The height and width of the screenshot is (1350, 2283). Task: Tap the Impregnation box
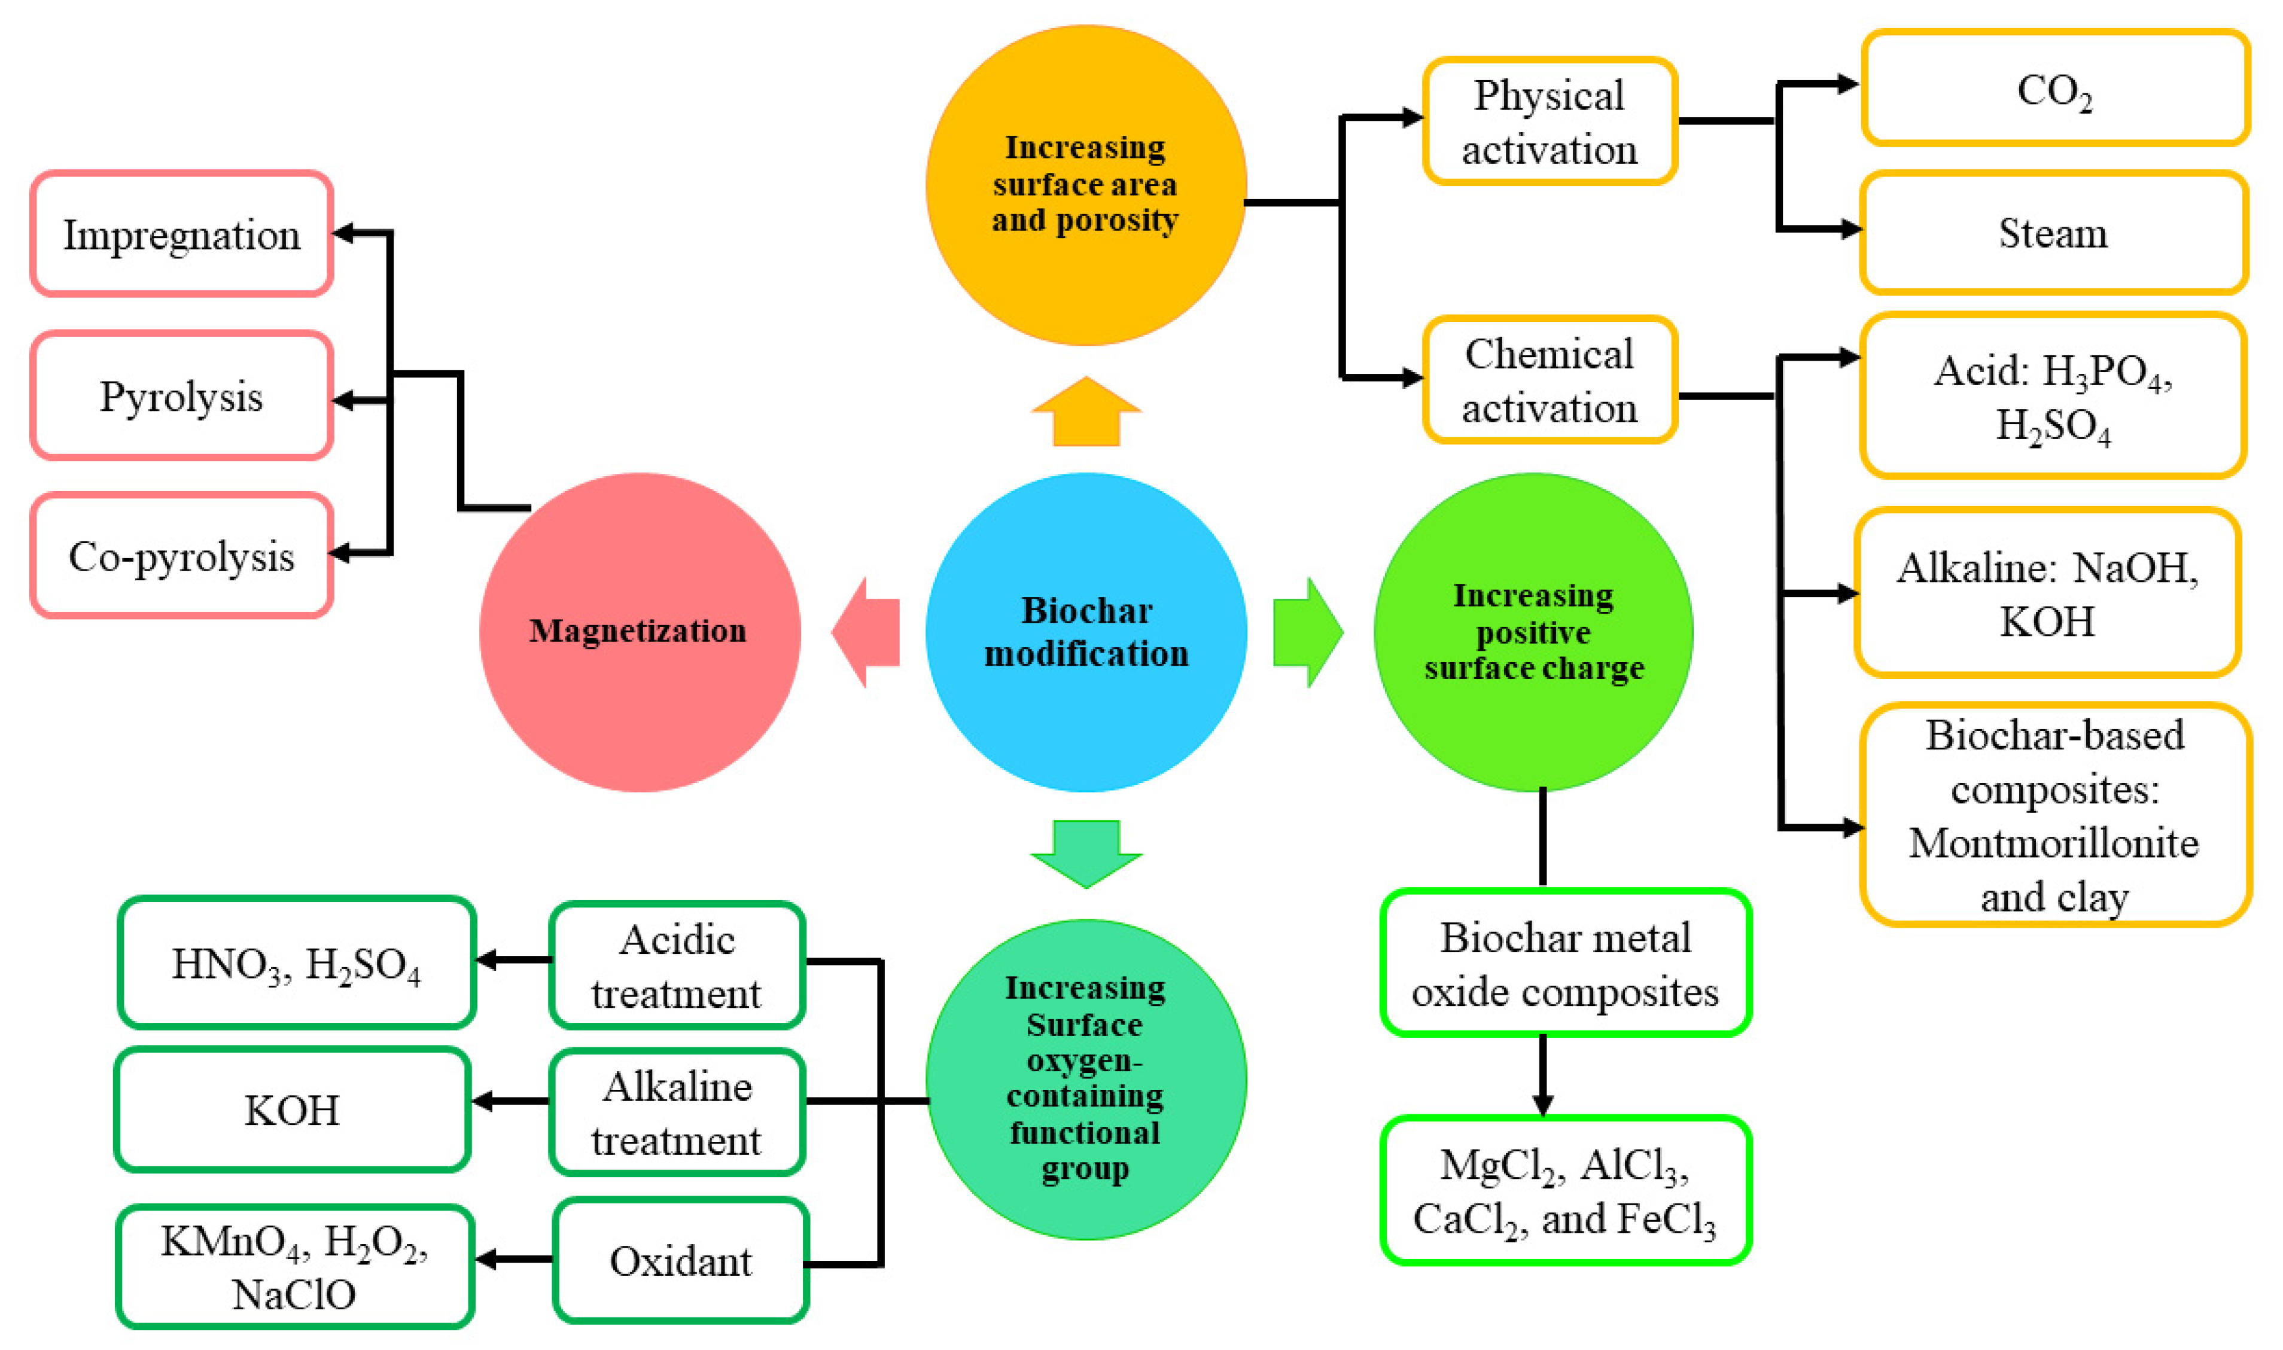tap(181, 234)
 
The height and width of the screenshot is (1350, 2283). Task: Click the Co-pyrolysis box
tap(181, 556)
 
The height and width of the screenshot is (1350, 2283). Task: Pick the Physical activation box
tap(1549, 121)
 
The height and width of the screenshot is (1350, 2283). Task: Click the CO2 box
tap(2054, 89)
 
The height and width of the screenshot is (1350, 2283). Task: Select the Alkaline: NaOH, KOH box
tap(2047, 593)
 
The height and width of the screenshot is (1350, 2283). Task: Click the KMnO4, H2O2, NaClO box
tap(294, 1266)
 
